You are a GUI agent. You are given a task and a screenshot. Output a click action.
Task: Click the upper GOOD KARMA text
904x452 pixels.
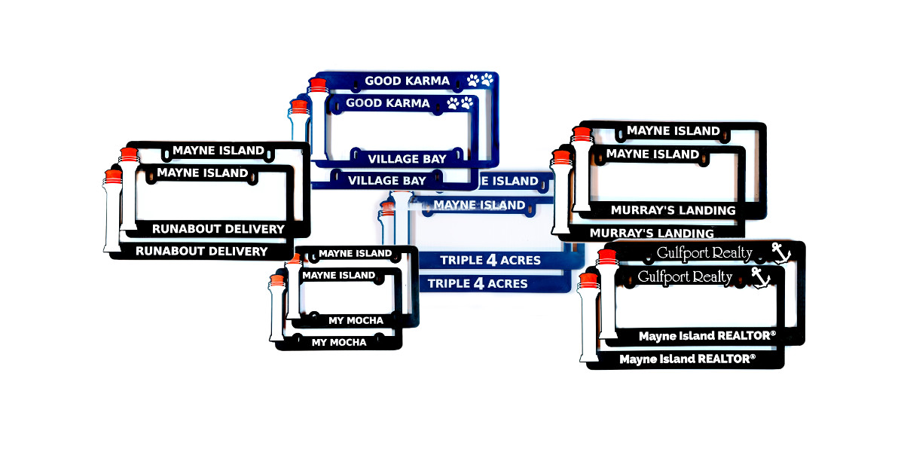coord(407,81)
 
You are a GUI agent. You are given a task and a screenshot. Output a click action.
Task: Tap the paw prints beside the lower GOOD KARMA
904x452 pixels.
coord(460,103)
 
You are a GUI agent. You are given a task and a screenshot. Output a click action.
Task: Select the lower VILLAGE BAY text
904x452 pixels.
coord(387,181)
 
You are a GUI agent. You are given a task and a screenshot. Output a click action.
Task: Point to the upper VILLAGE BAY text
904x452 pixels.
coord(407,159)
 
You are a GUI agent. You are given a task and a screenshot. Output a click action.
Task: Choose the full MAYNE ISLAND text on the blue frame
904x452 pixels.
coord(479,205)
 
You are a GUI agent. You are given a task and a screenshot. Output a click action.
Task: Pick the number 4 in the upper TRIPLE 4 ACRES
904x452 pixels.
coord(492,260)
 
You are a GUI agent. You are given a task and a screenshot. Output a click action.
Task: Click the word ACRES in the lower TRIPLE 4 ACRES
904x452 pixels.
coord(506,283)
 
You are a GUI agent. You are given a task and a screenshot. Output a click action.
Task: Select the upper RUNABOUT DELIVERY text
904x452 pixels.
coord(218,228)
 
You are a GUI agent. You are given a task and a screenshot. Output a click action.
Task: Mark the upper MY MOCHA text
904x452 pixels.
coord(356,320)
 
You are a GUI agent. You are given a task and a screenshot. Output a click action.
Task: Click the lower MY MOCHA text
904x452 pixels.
coord(339,342)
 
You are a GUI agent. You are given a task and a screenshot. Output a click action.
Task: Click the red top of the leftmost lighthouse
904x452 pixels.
coord(113,176)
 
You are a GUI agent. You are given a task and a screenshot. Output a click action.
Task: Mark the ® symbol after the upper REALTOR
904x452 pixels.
coord(772,333)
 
